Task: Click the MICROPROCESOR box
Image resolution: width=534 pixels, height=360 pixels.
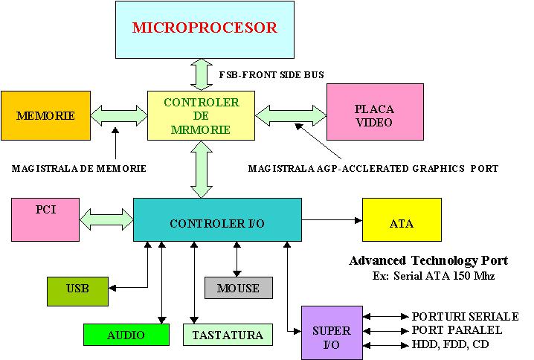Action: [204, 30]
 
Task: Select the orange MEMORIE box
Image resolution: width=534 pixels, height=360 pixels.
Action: [45, 116]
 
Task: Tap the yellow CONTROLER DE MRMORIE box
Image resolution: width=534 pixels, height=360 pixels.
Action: [201, 115]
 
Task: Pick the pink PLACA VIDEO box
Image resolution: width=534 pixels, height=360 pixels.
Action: [369, 115]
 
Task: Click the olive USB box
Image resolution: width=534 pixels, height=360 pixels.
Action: [77, 291]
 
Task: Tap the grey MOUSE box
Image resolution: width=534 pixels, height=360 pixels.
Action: [238, 288]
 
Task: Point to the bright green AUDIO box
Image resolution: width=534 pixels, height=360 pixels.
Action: [126, 335]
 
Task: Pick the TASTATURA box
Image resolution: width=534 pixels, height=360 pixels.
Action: [228, 335]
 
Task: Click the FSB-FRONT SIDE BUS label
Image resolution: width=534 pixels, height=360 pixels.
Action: [271, 75]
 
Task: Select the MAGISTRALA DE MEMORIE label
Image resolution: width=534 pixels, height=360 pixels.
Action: [79, 169]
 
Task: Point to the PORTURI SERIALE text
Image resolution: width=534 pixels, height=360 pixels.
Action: [464, 317]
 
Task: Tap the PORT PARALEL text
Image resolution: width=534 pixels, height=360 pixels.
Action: [457, 330]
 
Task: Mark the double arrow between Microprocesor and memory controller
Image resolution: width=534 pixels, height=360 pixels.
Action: [202, 74]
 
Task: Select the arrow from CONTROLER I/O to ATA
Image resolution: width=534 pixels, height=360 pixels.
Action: [332, 219]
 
